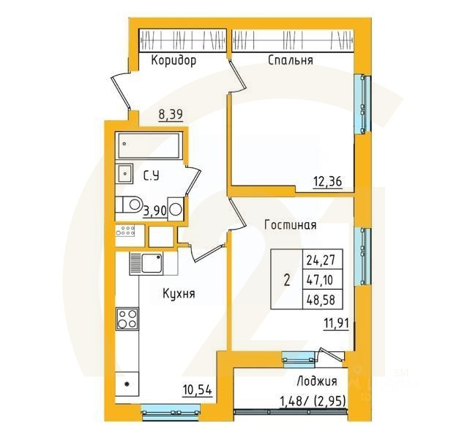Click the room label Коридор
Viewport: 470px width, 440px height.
pos(174,61)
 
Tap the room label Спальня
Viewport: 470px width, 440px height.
pos(291,61)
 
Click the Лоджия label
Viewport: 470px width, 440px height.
pos(317,381)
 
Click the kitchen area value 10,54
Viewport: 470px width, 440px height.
pos(196,391)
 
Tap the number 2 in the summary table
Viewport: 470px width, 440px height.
pos(286,279)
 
